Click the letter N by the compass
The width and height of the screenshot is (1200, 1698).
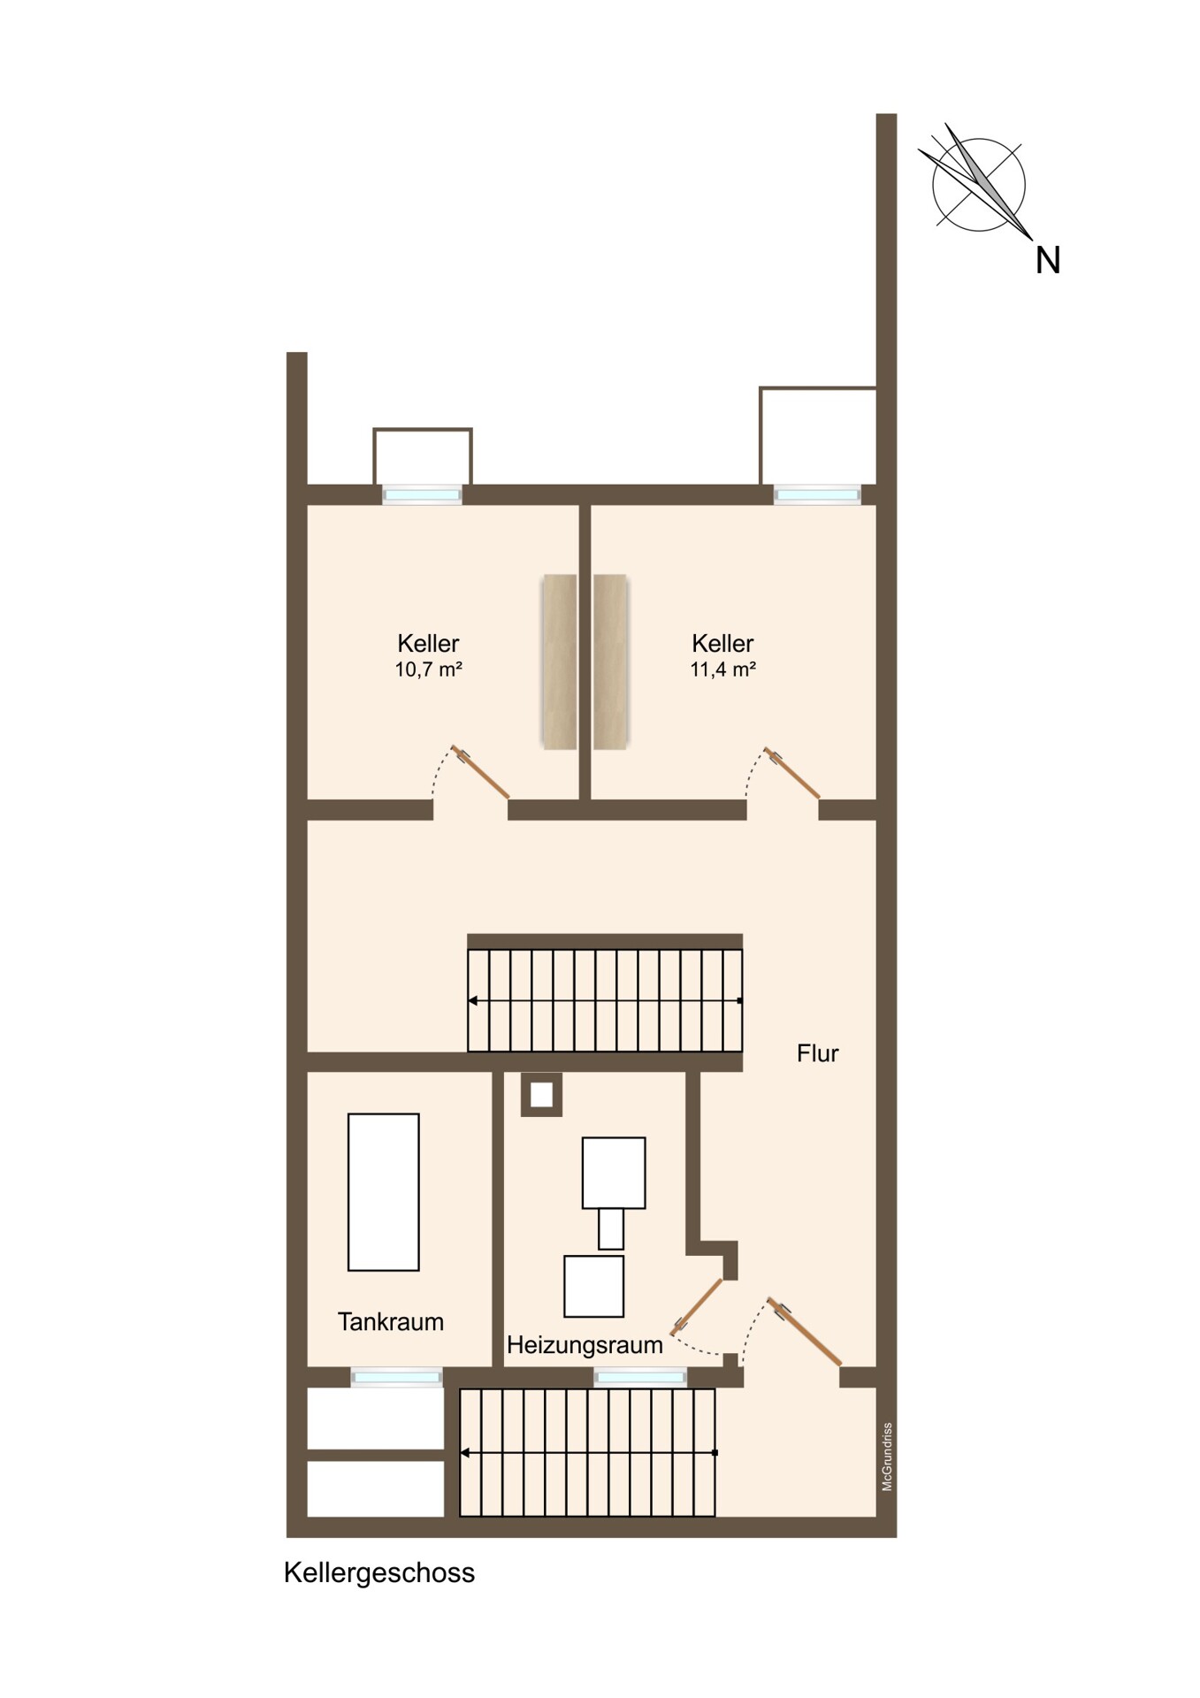point(1048,261)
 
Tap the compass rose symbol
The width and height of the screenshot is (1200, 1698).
point(977,184)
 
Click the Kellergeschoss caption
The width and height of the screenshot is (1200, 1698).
point(379,1573)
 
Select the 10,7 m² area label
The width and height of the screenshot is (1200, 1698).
point(429,669)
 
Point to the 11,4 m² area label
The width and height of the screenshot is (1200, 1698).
point(723,669)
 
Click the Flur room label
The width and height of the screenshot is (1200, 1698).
point(818,1053)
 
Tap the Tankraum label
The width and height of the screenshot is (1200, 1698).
point(391,1322)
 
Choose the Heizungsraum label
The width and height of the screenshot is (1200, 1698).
point(585,1345)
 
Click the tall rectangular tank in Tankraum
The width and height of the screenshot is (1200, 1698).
point(384,1192)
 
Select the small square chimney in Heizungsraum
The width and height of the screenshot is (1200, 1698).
point(541,1095)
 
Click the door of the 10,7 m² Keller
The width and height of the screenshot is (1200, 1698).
point(480,771)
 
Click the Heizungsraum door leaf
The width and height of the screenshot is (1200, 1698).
point(697,1306)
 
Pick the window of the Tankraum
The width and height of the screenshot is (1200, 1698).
point(396,1377)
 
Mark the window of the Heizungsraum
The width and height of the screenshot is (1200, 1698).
point(640,1377)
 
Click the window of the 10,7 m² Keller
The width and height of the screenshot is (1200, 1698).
point(422,494)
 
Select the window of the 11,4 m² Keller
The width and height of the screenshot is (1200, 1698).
point(818,494)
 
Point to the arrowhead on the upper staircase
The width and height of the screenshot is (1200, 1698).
point(473,1001)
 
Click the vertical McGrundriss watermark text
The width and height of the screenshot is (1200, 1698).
point(887,1457)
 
